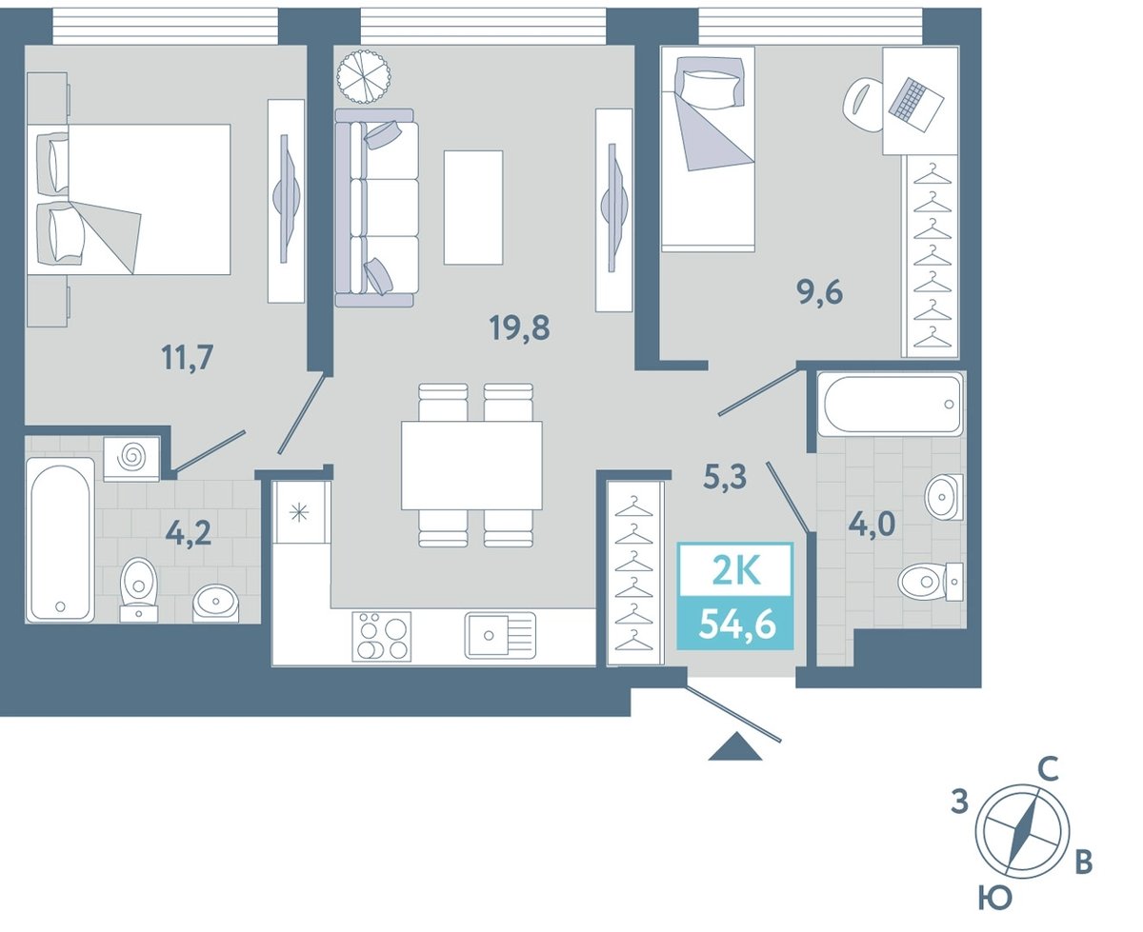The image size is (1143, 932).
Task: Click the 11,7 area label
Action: pos(187,359)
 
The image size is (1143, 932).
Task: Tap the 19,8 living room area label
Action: pos(519,328)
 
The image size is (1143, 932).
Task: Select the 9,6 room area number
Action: pos(819,293)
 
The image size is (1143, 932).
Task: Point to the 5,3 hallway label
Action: pos(725,478)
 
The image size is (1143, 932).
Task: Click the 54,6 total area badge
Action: pos(735,623)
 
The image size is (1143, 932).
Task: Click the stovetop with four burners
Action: pos(382,636)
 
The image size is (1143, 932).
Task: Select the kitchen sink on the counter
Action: pos(500,636)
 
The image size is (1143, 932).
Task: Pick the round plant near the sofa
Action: pos(364,76)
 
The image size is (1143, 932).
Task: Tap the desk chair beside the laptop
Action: pos(863,104)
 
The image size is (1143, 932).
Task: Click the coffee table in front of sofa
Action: pos(473,208)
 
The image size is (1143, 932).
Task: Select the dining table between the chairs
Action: pos(471,466)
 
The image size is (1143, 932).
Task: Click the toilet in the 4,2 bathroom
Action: pos(139,589)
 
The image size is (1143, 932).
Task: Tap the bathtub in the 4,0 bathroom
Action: pos(891,404)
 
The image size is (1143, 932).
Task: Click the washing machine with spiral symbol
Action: pos(131,459)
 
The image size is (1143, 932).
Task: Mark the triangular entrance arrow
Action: pos(735,746)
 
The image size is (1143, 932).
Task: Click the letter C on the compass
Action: pos(1048,769)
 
